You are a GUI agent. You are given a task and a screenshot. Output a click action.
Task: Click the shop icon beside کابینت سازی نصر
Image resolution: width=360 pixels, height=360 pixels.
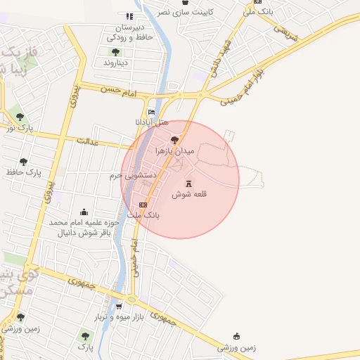205,3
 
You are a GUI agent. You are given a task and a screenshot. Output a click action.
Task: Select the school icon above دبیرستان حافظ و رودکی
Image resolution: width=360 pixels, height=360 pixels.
129,16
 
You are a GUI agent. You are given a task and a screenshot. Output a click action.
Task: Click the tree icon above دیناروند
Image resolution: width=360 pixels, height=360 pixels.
115,51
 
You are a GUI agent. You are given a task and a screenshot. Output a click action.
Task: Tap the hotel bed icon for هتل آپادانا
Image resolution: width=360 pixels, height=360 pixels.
151,112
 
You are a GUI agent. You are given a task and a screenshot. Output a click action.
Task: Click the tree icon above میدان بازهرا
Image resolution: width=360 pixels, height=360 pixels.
175,140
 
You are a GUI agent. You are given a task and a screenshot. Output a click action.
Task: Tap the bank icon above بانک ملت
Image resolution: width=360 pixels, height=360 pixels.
143,205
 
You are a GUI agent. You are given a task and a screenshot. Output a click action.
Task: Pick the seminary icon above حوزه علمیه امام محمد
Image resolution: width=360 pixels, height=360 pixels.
84,212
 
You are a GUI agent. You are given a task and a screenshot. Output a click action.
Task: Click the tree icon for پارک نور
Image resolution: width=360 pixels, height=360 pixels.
19,117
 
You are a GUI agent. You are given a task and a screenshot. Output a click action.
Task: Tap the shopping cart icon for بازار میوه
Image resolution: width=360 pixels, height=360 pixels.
119,306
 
